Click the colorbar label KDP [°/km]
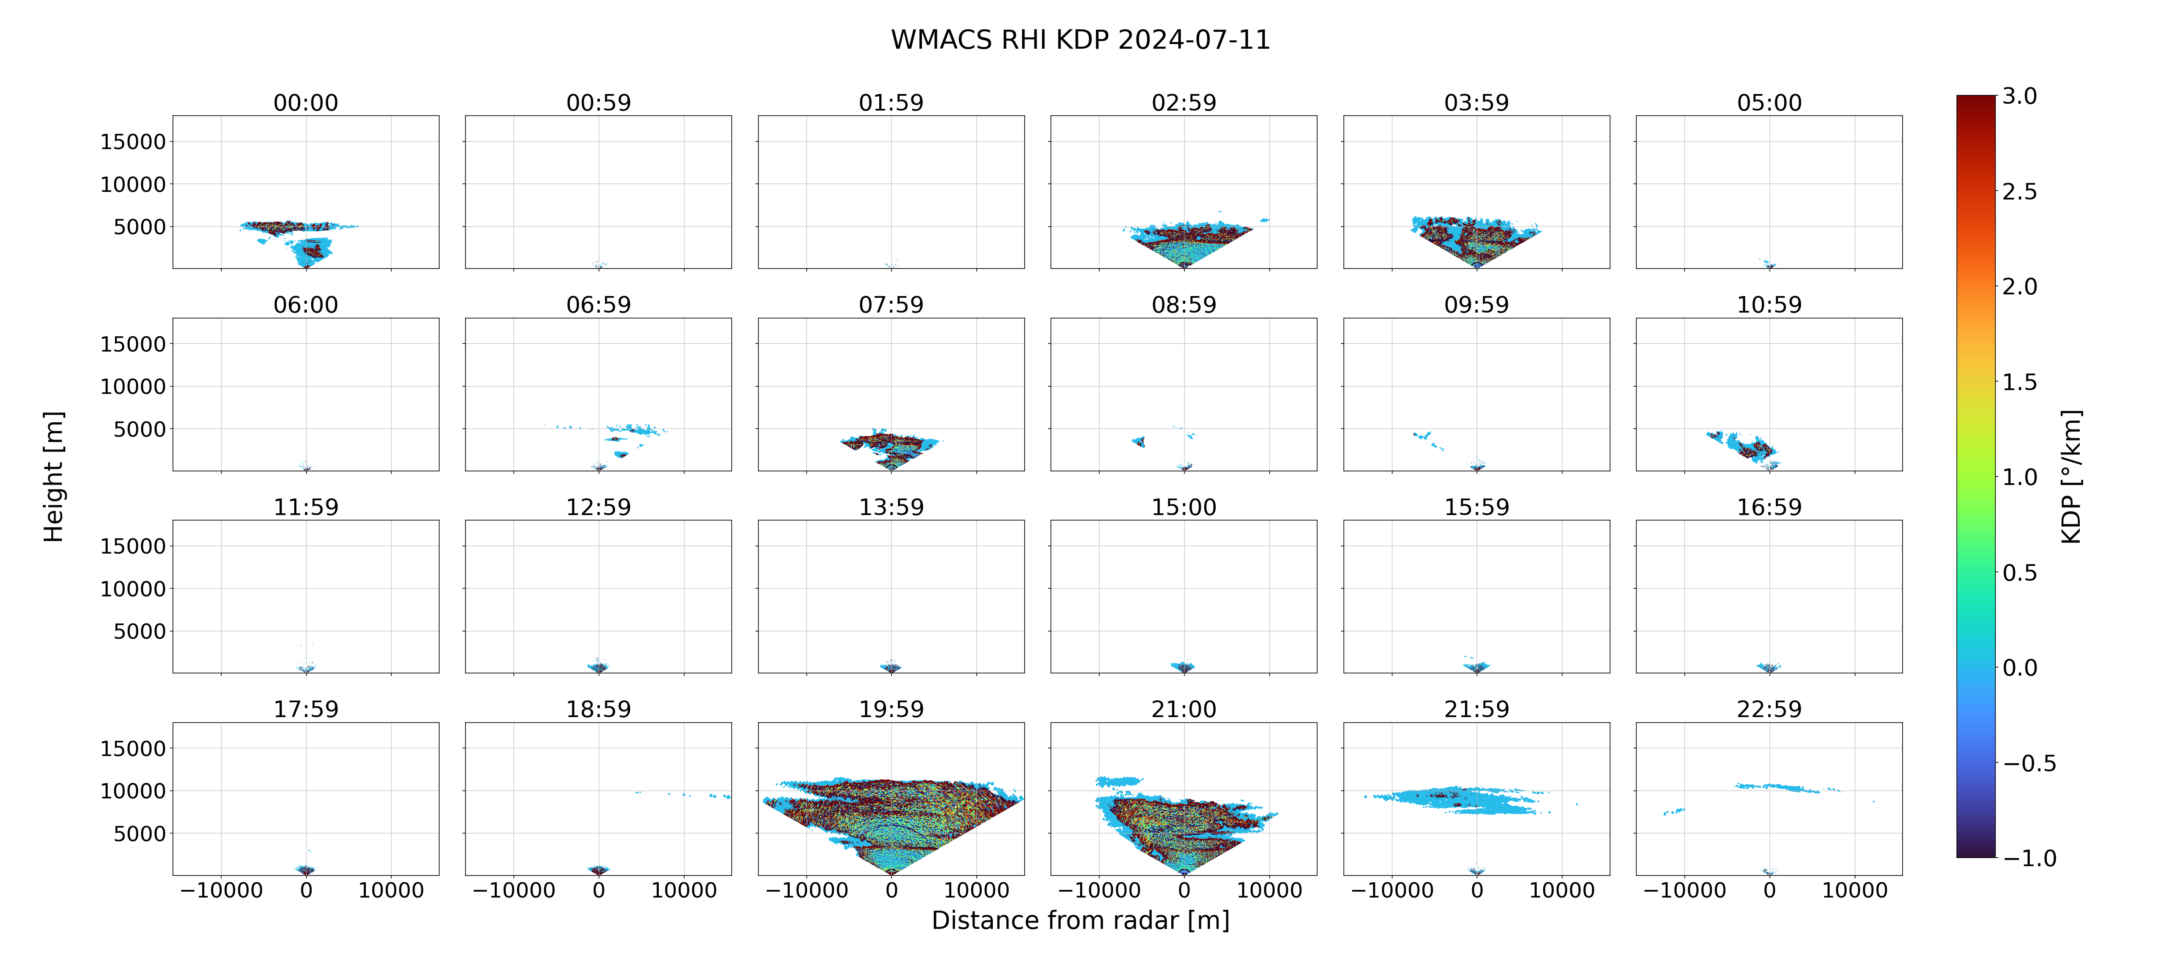[2071, 476]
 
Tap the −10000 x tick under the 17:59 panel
[222, 890]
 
